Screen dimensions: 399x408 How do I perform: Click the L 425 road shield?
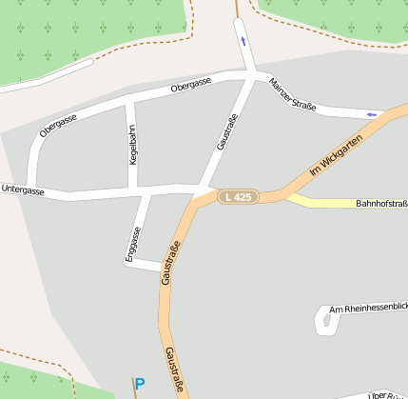click(238, 197)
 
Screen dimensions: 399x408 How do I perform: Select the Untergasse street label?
click(22, 190)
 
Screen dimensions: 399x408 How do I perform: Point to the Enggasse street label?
click(135, 243)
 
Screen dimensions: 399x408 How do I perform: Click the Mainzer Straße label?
click(292, 93)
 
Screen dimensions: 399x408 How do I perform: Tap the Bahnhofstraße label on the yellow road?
click(381, 203)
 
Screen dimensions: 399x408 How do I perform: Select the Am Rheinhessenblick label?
click(367, 309)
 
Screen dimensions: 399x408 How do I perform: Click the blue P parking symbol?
click(140, 385)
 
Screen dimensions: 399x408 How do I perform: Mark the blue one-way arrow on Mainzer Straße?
click(371, 114)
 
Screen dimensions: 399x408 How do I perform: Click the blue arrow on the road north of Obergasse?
click(243, 41)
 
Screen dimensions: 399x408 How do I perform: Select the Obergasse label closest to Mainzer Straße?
click(190, 86)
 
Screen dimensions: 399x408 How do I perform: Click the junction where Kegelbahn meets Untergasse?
click(133, 191)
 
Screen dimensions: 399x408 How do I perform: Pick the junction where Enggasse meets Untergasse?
click(146, 194)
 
